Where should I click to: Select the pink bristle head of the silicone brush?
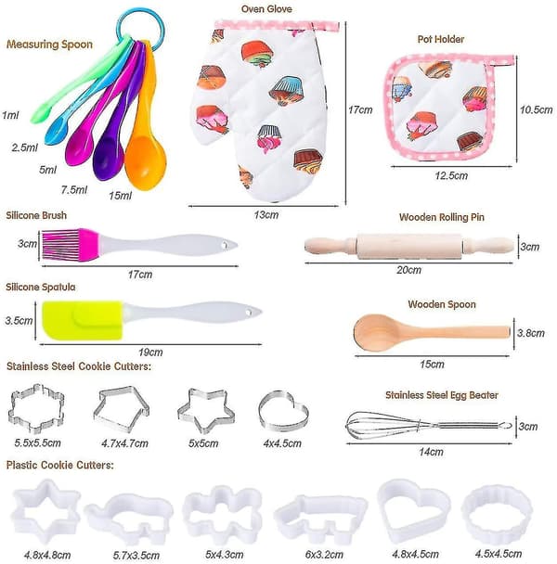point(69,245)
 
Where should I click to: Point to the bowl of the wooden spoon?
point(374,332)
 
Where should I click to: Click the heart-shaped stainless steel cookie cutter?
point(283,412)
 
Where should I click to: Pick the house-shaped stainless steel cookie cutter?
point(122,409)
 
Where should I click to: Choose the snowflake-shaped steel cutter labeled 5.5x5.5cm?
point(36,408)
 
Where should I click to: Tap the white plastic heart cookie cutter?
point(413,509)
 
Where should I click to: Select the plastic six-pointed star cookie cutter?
point(45,511)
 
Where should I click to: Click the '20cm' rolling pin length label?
point(409,270)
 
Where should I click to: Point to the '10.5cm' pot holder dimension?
point(536,109)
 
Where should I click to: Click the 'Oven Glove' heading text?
point(266,9)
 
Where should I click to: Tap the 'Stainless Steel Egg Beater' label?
point(442,395)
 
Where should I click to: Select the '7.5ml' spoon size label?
point(74,189)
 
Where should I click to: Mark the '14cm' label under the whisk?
point(431,452)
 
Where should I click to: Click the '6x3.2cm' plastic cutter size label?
point(324,555)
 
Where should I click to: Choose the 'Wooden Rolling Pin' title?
point(442,217)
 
